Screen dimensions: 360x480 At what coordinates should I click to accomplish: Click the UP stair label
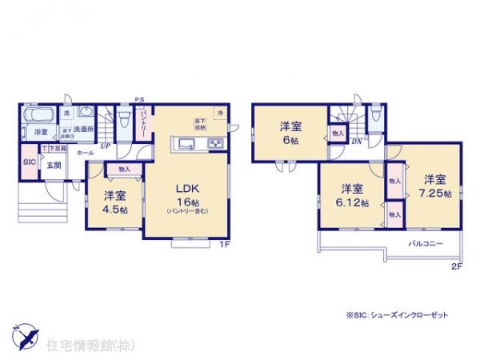tap(105, 146)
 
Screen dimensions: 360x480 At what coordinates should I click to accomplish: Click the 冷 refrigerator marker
tap(219, 113)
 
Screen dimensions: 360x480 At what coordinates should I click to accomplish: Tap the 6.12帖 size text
tap(352, 204)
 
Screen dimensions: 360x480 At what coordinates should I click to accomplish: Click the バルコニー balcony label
tap(426, 242)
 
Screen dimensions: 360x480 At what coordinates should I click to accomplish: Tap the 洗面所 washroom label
tap(84, 130)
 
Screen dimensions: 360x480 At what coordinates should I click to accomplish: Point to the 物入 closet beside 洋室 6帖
tap(337, 134)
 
